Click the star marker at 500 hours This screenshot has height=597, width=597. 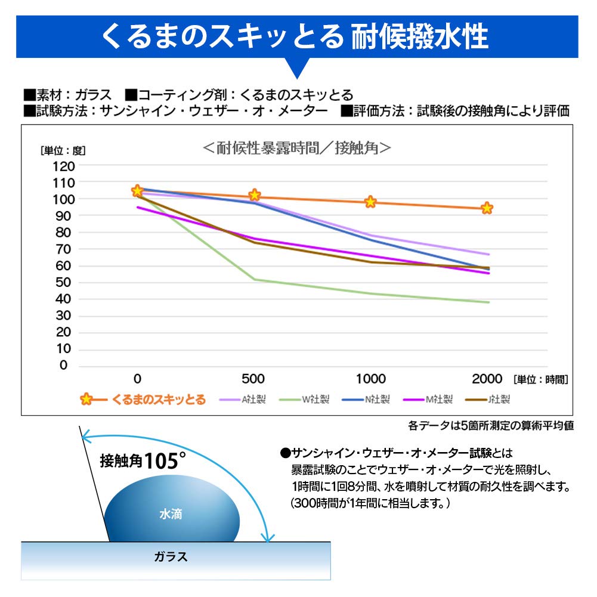point(255,195)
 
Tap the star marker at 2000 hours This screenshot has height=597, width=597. point(487,208)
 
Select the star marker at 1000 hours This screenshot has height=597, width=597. point(370,202)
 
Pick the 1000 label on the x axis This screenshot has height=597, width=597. point(370,379)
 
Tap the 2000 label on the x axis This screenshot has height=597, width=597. point(487,379)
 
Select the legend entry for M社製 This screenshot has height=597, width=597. point(435,400)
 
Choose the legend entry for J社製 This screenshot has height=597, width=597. point(496,400)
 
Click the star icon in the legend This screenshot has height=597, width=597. point(86,400)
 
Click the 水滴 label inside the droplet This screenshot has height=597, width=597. point(171,514)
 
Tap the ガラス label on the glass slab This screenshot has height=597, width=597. point(171,558)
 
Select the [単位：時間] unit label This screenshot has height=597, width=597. point(540,379)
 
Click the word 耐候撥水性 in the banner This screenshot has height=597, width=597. point(420,36)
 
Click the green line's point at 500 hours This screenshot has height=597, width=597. point(255,279)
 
